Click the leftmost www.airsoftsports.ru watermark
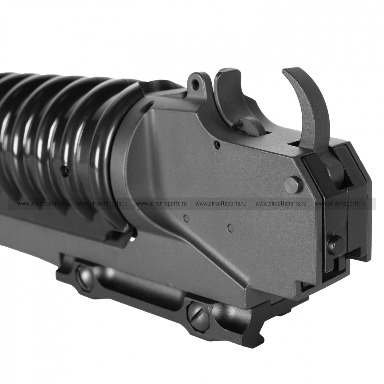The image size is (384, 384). pos(42,204)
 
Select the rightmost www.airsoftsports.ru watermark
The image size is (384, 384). pos(341,204)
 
